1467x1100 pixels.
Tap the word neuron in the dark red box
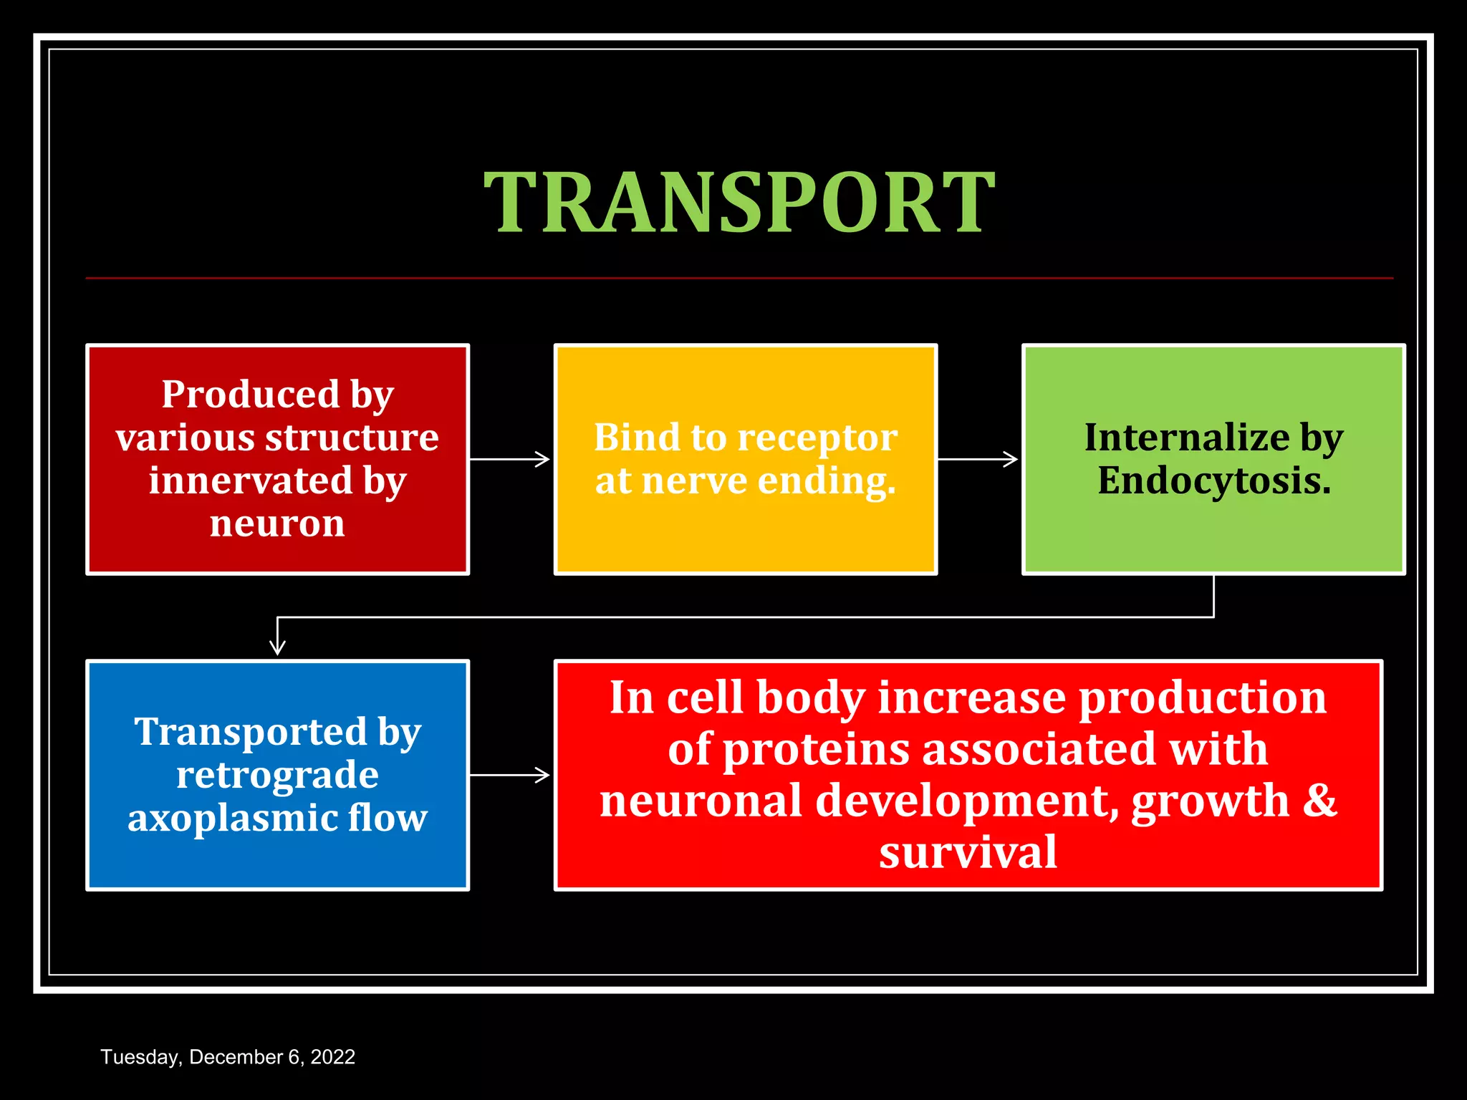click(277, 524)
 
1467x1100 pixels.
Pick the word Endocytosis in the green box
click(1213, 481)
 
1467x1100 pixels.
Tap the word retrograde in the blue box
click(277, 776)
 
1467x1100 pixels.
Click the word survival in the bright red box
click(968, 852)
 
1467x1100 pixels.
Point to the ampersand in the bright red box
click(1319, 800)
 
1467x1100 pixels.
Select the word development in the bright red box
click(967, 801)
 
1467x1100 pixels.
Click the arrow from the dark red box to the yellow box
click(510, 459)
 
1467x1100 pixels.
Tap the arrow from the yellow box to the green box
click(978, 459)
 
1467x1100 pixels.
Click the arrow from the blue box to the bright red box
click(510, 775)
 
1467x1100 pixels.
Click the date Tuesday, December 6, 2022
click(228, 1057)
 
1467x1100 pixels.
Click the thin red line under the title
click(739, 278)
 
